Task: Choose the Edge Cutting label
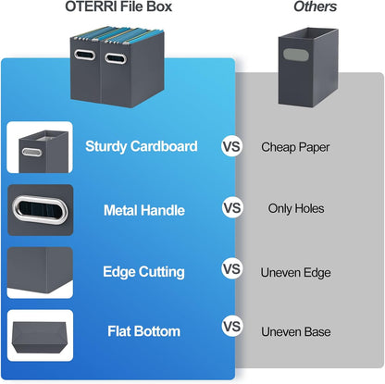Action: pos(143,271)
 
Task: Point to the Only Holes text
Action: pos(295,208)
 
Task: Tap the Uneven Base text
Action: pos(295,328)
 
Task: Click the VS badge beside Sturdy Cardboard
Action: pos(232,146)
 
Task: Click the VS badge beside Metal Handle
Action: pos(232,208)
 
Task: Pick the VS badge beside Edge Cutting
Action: pos(232,269)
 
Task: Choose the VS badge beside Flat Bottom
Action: pos(232,328)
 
